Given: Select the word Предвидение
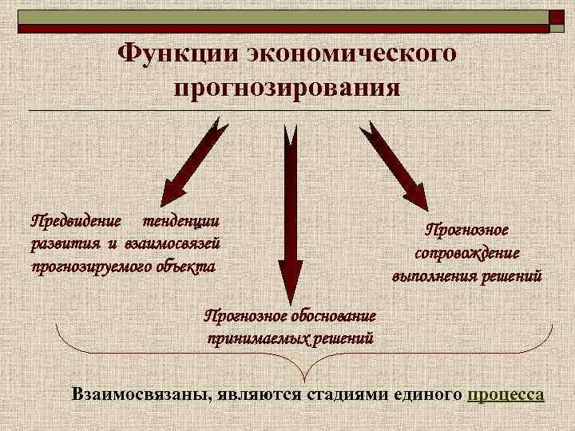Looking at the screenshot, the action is (x=76, y=219).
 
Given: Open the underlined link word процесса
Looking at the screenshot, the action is (x=507, y=395).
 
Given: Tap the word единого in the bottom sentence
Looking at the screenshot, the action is (x=430, y=395).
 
